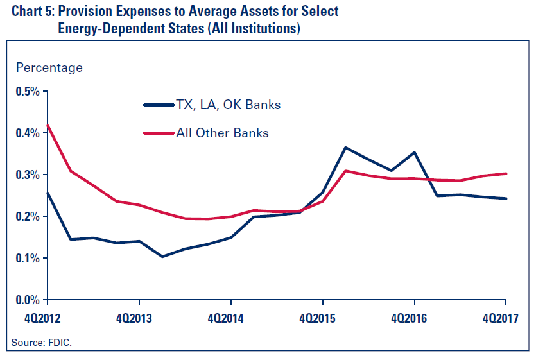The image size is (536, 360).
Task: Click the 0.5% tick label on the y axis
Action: click(x=28, y=91)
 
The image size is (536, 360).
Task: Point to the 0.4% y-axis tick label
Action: click(x=28, y=133)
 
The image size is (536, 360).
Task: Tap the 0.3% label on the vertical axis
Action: click(x=28, y=175)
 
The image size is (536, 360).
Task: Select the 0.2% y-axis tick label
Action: click(x=28, y=216)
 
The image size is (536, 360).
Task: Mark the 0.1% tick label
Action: click(x=28, y=258)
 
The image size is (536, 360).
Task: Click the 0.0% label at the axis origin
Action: click(x=28, y=300)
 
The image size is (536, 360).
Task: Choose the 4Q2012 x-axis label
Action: click(x=48, y=318)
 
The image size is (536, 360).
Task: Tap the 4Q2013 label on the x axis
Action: click(x=139, y=318)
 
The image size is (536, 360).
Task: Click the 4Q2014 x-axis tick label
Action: click(x=230, y=318)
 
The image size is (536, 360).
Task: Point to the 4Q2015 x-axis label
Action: click(x=322, y=318)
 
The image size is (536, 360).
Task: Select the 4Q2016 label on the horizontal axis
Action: click(x=414, y=318)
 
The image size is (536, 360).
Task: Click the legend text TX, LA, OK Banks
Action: click(x=228, y=105)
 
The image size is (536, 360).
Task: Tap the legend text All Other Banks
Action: click(x=222, y=133)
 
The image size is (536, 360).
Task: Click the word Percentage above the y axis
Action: click(x=49, y=67)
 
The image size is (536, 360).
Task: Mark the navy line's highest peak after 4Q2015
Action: click(x=345, y=148)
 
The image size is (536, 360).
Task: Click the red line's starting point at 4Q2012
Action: click(x=48, y=125)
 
